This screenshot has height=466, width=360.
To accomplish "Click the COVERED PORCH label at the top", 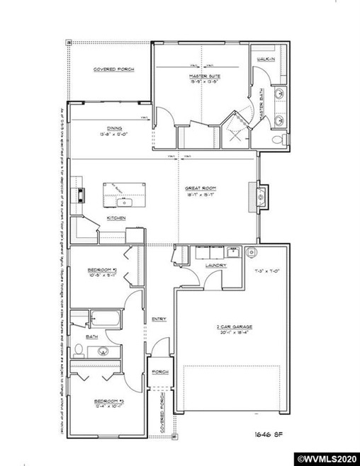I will [113, 69].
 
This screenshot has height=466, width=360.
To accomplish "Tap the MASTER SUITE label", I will [203, 76].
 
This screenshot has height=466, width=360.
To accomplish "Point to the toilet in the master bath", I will [283, 137].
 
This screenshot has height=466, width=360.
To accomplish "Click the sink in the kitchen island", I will [121, 192].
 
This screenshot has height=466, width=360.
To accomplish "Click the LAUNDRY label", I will [215, 266].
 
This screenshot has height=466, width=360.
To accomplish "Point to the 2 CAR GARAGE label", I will [235, 327].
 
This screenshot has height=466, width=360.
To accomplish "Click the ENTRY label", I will [158, 319].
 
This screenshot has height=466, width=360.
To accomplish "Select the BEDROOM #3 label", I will [109, 400].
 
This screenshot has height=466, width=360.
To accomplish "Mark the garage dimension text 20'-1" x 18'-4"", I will [235, 334].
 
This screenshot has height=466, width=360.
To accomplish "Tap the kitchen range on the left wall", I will [81, 193].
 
